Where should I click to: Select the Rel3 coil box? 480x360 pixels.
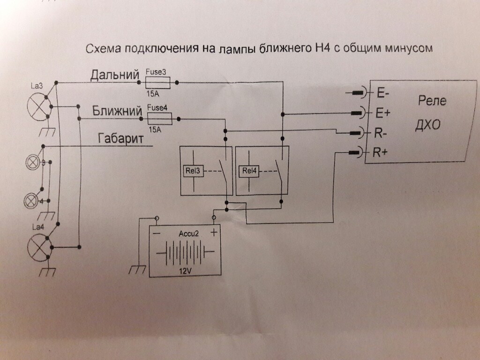(191, 171)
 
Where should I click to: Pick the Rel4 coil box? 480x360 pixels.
(248, 171)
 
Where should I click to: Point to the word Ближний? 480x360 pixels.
(117, 111)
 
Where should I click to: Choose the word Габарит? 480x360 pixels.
(120, 139)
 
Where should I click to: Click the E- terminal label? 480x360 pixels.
(382, 93)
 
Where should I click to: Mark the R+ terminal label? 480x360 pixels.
(382, 152)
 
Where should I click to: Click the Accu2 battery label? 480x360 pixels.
(187, 233)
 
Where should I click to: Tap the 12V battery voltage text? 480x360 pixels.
(184, 271)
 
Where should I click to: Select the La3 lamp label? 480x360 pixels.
(38, 86)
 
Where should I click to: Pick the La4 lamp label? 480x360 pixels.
(37, 228)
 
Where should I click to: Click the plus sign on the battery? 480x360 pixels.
(214, 232)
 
